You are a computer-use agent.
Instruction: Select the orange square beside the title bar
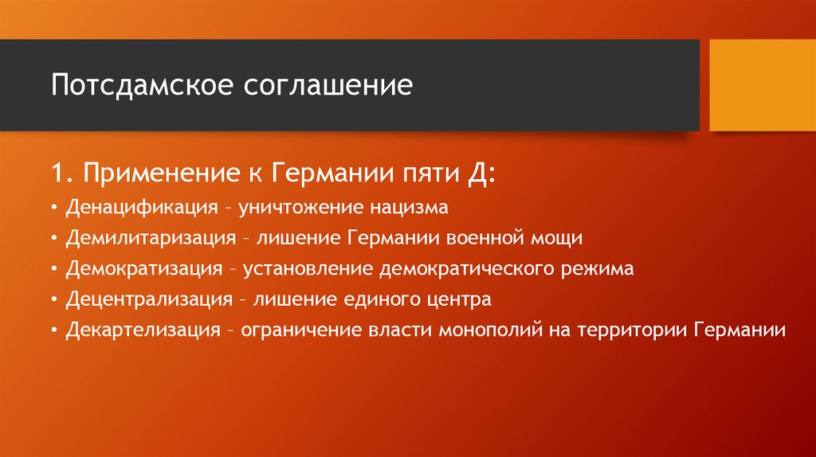pos(762,85)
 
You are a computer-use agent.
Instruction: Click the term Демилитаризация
pos(151,238)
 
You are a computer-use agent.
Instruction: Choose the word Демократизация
pos(144,269)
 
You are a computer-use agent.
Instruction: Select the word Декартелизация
pos(143,330)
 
